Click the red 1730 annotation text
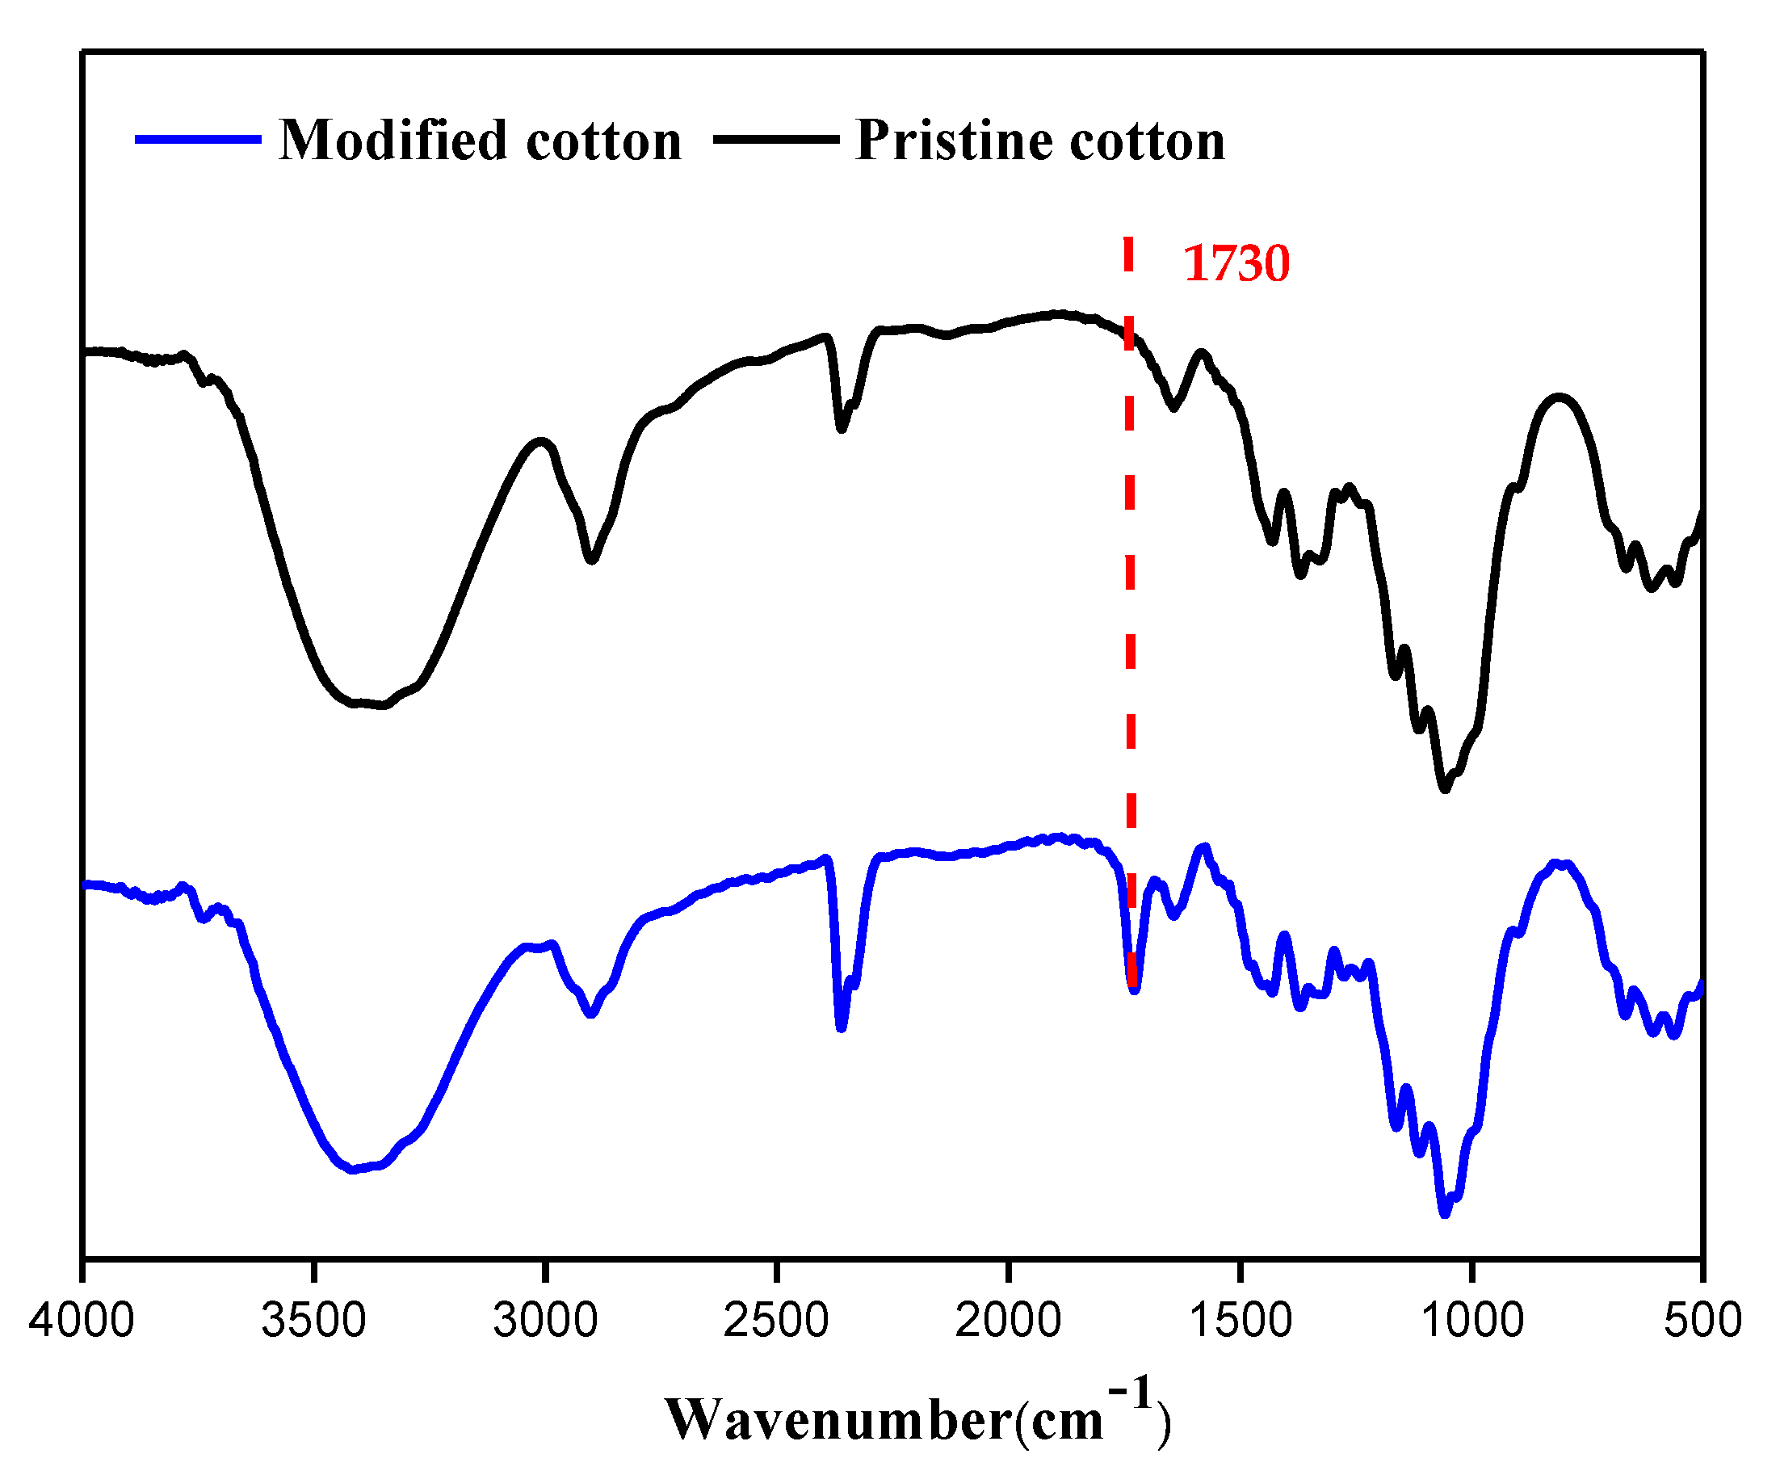point(1236,263)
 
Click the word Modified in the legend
point(393,140)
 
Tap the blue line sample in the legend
point(198,139)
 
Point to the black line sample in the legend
point(775,139)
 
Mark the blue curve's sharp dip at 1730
point(1134,989)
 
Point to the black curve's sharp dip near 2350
point(841,429)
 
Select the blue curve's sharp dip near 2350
point(841,1028)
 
